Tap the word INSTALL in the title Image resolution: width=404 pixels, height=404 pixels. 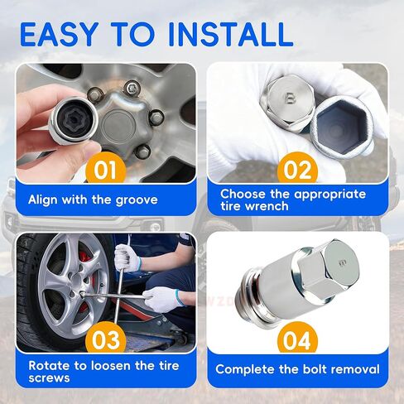(230, 34)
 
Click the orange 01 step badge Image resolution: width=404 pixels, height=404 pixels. (106, 169)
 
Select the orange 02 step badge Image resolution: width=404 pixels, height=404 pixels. (297, 169)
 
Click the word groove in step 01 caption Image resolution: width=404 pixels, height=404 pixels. (137, 200)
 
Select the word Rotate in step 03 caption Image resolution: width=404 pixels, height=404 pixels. (50, 366)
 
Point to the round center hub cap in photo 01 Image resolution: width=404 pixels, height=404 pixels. (118, 127)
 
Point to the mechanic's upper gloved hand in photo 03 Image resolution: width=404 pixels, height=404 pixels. (127, 258)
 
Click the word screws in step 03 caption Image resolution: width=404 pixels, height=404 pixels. (49, 378)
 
